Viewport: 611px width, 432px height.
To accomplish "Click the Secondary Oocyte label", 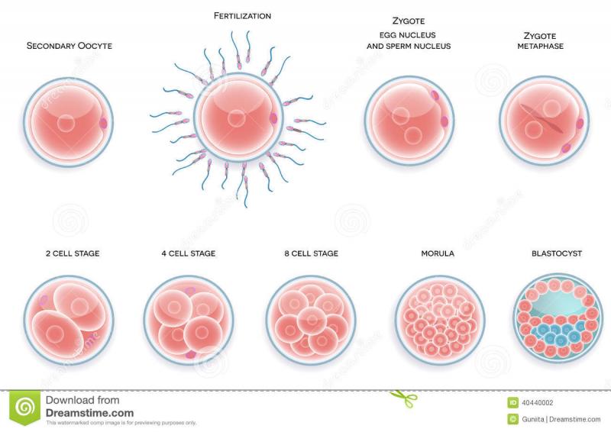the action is [69, 46].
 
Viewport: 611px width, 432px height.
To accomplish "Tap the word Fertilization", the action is [242, 16].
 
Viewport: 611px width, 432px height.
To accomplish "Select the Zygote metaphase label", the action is [540, 41].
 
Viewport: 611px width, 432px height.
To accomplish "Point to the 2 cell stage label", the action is [73, 253].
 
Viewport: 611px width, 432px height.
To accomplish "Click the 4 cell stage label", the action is [189, 253].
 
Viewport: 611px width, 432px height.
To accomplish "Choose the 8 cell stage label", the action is [312, 253].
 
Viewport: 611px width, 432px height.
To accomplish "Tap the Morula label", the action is [438, 253].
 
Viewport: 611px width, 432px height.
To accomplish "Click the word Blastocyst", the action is [557, 253].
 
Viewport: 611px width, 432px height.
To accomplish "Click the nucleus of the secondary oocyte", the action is [66, 123].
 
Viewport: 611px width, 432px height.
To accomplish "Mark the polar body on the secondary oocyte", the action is [103, 124].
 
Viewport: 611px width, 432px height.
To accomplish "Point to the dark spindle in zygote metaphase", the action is [542, 119].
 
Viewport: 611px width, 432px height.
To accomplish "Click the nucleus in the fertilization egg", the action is [236, 118].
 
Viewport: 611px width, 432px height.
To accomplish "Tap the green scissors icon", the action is [404, 399].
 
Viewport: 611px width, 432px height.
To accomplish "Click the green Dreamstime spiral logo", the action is [25, 408].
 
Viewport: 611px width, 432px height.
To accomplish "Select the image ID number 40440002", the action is [537, 403].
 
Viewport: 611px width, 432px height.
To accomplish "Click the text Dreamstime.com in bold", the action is [89, 413].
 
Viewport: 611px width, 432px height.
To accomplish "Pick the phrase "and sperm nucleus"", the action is [409, 46].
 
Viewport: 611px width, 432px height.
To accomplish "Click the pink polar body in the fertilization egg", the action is [273, 118].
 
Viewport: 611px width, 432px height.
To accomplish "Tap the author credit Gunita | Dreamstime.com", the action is [561, 419].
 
